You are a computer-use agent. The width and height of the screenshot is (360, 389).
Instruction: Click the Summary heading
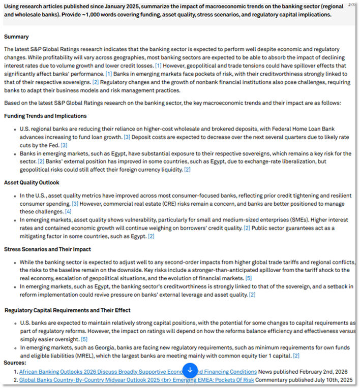16,37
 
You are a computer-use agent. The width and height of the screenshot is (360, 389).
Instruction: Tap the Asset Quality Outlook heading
32,182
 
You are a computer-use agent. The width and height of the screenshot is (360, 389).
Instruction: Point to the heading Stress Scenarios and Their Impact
47,249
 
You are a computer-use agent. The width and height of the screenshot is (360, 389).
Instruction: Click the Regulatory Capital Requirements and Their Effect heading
68,310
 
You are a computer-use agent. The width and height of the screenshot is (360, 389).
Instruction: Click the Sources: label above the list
15,363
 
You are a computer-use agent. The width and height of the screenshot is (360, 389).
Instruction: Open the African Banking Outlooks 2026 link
102,372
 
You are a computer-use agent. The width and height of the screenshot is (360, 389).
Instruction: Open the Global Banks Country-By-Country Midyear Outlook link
136,380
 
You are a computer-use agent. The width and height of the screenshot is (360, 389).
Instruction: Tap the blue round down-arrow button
190,370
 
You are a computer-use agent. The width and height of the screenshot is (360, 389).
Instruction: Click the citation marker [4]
68,211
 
